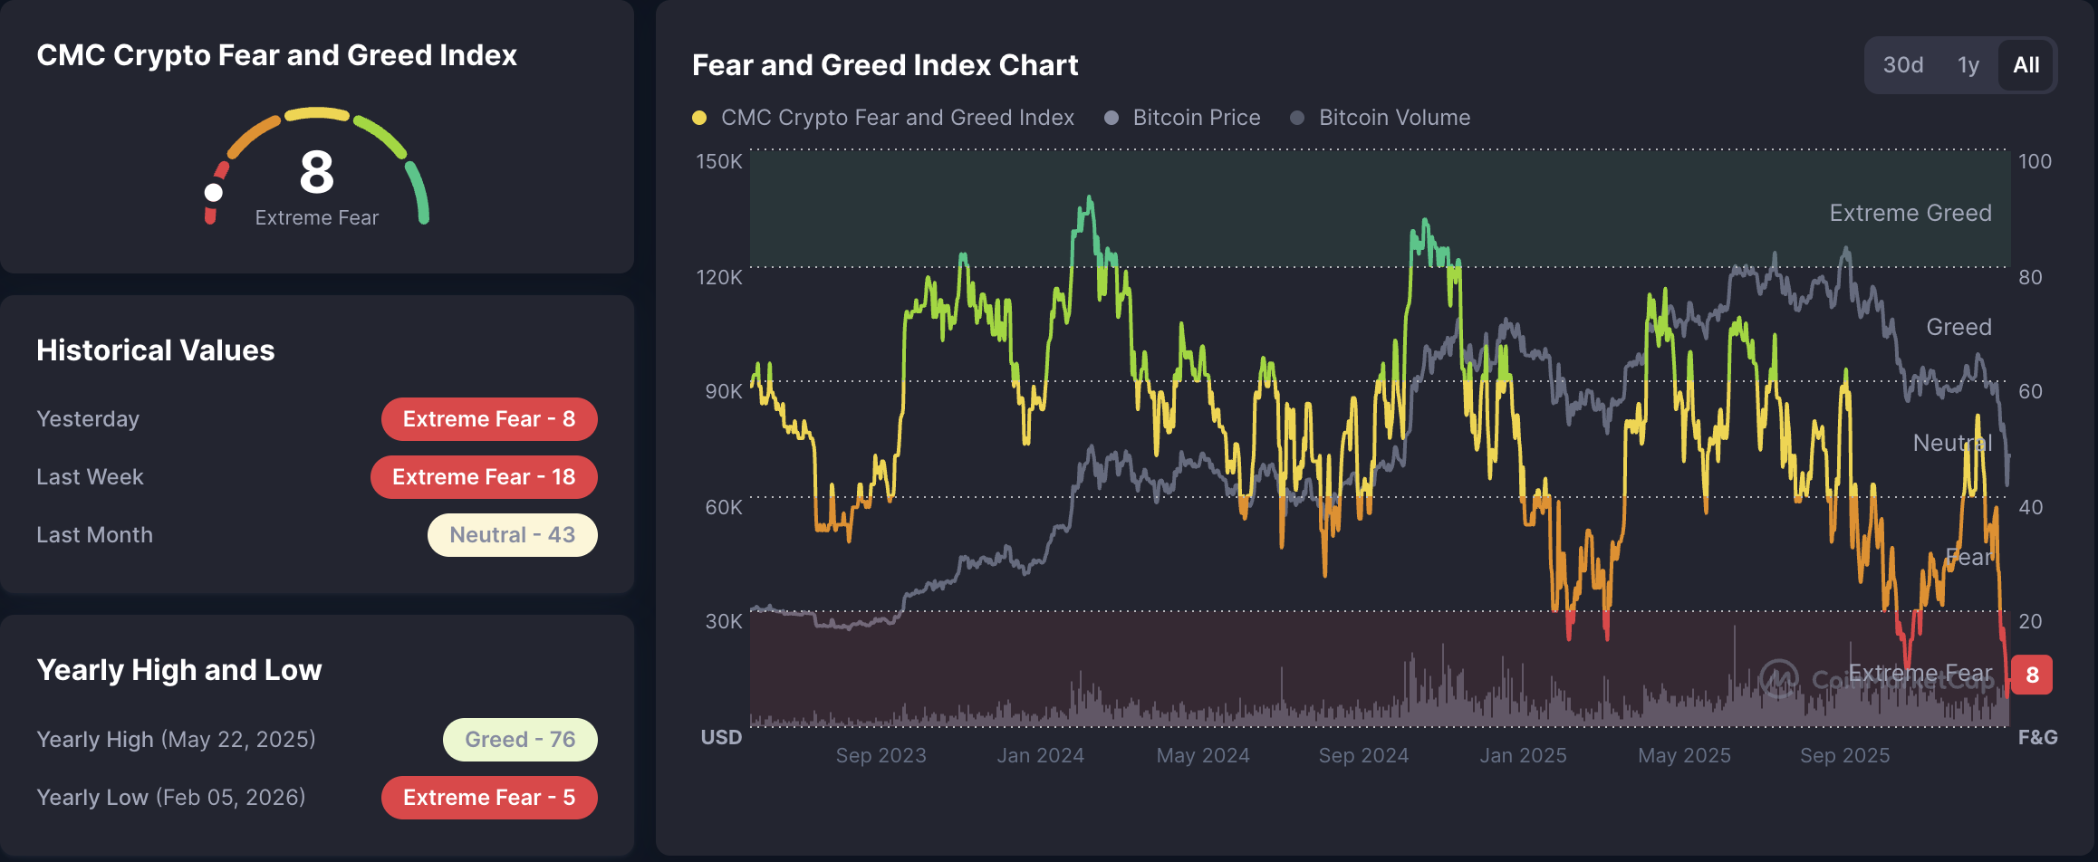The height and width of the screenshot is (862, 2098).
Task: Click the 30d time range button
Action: tap(1902, 65)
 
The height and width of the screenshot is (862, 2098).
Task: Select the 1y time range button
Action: tap(1968, 65)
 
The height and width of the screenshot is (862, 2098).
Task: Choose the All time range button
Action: tap(2026, 65)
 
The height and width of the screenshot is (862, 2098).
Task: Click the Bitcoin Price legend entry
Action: tap(1196, 118)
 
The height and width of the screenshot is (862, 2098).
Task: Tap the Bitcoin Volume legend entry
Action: tap(1393, 118)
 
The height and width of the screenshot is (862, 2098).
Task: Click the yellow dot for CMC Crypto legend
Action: tap(699, 118)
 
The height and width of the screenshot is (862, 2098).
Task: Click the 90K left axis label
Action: tap(723, 391)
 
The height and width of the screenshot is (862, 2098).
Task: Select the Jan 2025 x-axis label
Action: tap(1523, 755)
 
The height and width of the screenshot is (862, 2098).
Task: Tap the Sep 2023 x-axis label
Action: tap(881, 755)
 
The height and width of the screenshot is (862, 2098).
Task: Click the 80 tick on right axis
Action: tap(2030, 277)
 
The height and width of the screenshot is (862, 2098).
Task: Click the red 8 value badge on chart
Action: tap(2032, 675)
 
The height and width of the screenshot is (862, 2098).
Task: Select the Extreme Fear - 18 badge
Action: tap(484, 477)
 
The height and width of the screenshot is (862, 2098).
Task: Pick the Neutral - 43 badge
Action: tap(512, 535)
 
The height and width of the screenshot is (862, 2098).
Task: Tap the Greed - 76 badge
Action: tap(520, 740)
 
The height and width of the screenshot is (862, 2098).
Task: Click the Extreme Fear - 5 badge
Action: tap(489, 798)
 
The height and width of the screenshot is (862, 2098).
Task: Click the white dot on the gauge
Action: tap(214, 192)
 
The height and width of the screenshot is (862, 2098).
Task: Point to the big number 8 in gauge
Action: tap(316, 172)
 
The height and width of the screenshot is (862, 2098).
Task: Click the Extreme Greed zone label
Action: tap(1910, 213)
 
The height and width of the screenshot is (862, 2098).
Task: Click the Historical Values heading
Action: tap(155, 350)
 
